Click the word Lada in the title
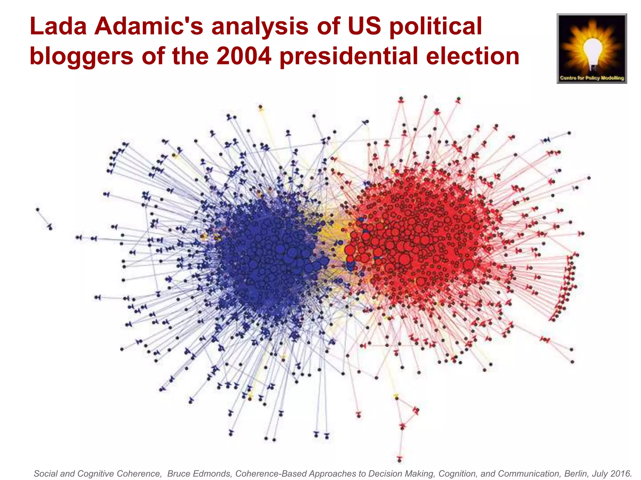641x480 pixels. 58,26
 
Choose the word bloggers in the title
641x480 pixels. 81,57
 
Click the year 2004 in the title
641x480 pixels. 244,57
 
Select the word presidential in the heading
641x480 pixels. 349,57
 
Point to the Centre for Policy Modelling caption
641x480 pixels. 592,78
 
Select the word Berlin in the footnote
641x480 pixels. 576,474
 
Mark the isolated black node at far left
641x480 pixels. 38,209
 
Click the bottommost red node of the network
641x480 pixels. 399,460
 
